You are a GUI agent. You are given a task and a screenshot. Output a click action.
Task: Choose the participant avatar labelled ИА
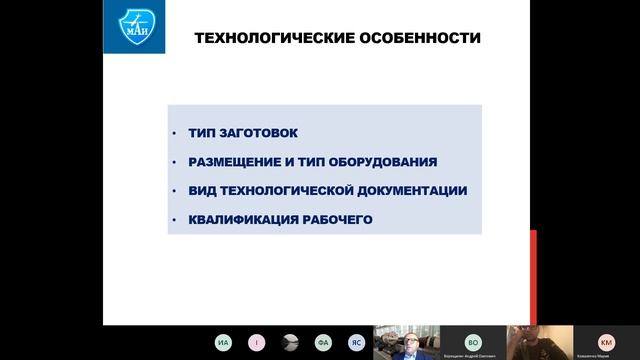coord(223,342)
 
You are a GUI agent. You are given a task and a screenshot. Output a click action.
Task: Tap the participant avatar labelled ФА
coord(323,342)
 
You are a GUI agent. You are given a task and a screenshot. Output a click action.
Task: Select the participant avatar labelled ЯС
coord(356,342)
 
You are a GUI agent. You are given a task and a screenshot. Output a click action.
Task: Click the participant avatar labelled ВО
coord(473,340)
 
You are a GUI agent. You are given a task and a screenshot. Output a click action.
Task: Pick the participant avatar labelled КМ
coord(606,340)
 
